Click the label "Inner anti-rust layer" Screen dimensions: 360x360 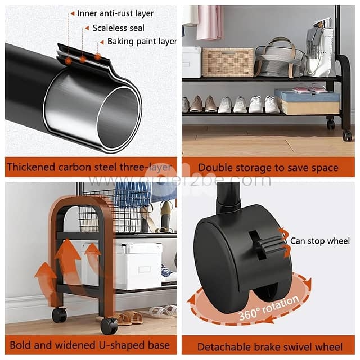coord(115,13)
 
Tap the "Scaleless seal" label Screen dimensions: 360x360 coord(119,28)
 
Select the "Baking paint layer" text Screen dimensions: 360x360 coord(142,42)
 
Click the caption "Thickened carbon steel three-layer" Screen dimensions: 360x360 coord(89,167)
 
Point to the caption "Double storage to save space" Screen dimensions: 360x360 coord(268,168)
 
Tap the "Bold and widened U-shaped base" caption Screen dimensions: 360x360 coord(90,345)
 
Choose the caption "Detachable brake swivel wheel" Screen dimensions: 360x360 coord(270,346)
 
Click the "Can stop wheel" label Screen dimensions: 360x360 coord(320,241)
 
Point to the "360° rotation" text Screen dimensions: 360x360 coord(269,308)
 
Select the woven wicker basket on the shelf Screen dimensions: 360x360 coord(227,62)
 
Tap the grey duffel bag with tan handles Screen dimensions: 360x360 coord(280,58)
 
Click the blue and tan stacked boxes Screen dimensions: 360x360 coord(307,102)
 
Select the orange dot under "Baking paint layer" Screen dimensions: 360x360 coord(97,56)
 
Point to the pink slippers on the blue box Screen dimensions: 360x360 coord(309,88)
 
